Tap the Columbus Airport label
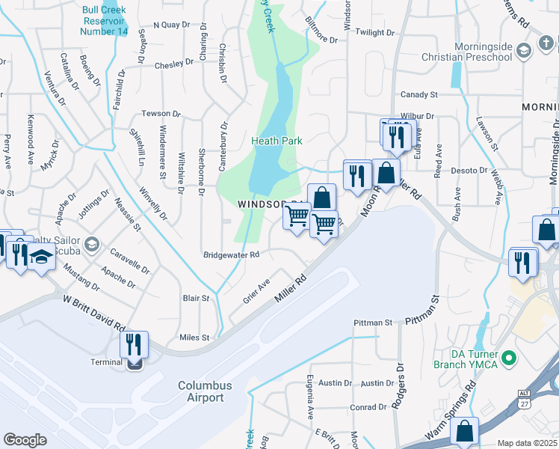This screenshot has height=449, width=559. click(x=204, y=391)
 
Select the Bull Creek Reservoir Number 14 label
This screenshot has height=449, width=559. click(x=105, y=22)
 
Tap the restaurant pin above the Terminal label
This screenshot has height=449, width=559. click(x=134, y=346)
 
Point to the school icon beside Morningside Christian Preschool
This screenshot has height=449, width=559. click(x=523, y=50)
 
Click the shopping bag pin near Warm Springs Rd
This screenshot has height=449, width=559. click(x=464, y=432)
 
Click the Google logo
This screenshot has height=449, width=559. click(x=25, y=439)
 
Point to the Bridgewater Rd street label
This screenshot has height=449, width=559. click(x=231, y=254)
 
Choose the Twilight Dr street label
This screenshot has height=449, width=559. click(x=374, y=33)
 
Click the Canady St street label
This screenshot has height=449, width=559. click(x=419, y=95)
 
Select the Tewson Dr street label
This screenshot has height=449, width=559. click(x=161, y=114)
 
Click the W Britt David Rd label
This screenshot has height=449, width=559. click(x=93, y=314)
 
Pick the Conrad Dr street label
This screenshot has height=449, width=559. click(x=371, y=407)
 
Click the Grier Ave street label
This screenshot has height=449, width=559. click(x=256, y=291)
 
